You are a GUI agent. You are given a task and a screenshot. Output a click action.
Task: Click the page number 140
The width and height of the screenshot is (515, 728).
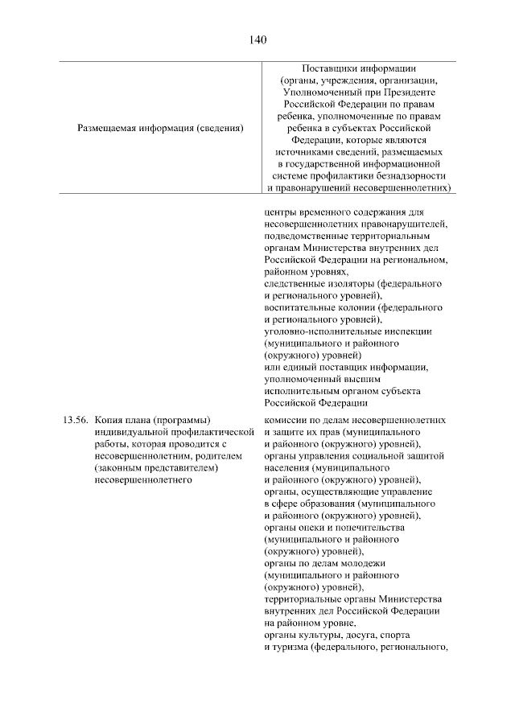(257, 39)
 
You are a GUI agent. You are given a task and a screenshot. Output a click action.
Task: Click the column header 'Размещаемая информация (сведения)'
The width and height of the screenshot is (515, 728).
(160, 128)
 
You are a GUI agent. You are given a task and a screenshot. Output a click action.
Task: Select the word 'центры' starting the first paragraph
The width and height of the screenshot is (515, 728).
(279, 212)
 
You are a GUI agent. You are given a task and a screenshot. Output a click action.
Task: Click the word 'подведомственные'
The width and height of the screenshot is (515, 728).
(305, 236)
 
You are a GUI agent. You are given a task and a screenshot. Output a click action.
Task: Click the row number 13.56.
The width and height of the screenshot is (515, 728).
(75, 420)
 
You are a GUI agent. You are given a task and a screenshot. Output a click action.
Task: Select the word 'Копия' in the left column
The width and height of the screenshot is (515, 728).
(108, 420)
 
